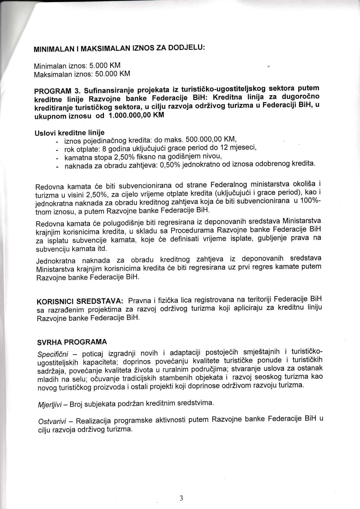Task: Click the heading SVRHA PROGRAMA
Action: tap(72, 342)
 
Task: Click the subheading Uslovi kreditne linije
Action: tap(69, 133)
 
